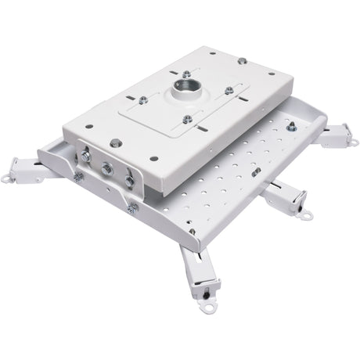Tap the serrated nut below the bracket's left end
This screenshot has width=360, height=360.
coord(77,178)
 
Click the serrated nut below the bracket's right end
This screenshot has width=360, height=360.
coord(133,207)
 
